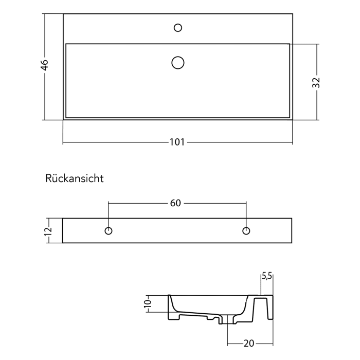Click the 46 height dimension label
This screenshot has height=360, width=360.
pos(45,65)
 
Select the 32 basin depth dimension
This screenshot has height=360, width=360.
pos(316,82)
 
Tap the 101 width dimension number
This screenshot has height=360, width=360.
pos(177,142)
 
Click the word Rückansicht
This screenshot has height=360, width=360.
pos(75,178)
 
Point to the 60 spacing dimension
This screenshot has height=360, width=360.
pos(175,203)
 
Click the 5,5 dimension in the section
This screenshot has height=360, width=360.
pos(266,276)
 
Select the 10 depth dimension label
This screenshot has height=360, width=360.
pos(148,303)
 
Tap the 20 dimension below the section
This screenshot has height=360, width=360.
pos(248,344)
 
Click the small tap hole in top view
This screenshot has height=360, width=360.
pos(178,27)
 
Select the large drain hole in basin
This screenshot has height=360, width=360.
pos(177,63)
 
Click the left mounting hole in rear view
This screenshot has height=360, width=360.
pos(109,230)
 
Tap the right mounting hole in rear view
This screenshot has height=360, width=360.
pos(246,230)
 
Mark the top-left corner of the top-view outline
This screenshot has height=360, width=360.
pos(63,14)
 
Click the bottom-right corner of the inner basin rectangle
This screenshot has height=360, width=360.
pos(289,117)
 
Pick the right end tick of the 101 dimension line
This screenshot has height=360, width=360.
pos(292,142)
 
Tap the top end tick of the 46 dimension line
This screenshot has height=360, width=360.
pos(45,14)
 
